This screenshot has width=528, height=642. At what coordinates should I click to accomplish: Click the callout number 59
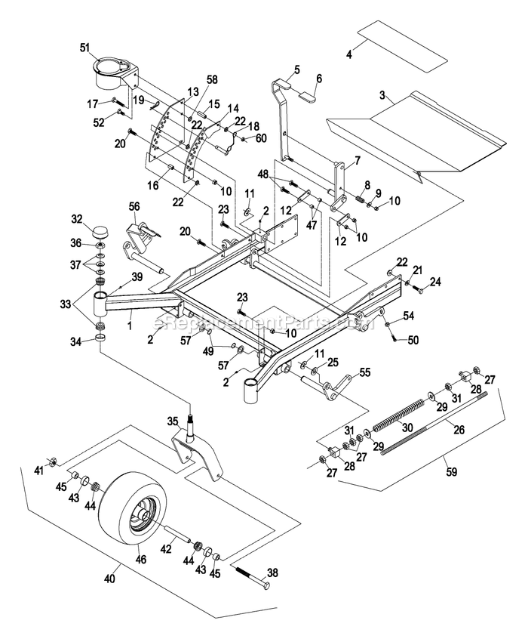[451, 471]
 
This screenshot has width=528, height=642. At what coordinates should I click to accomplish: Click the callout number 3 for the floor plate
[382, 95]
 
